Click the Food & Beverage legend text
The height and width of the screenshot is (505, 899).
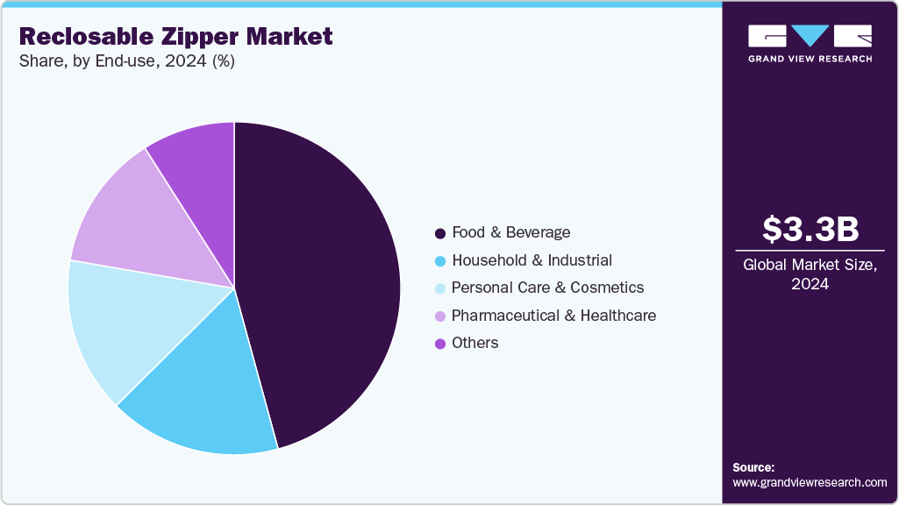[511, 232]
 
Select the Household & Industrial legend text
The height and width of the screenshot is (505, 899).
[532, 260]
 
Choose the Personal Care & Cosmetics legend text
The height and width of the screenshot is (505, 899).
[548, 288]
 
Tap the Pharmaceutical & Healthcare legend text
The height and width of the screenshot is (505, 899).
[554, 316]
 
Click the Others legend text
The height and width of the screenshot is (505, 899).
[475, 343]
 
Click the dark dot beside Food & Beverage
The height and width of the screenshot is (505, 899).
[440, 233]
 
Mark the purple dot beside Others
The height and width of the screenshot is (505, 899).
[440, 344]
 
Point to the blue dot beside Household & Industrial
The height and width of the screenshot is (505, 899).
[440, 261]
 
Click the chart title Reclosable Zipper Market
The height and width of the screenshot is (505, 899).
[176, 37]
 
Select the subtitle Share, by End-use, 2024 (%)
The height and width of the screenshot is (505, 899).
[126, 61]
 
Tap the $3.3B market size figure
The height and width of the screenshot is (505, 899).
[810, 229]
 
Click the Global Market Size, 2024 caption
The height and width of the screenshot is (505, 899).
[810, 274]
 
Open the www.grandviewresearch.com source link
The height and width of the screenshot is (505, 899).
[810, 482]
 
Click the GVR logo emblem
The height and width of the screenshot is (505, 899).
[810, 36]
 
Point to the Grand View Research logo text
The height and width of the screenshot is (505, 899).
[810, 59]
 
